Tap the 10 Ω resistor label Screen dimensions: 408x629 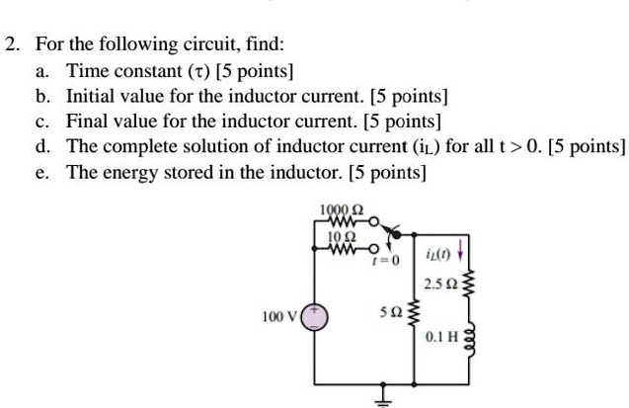pos(337,236)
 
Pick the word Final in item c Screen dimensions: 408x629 pos(87,122)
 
